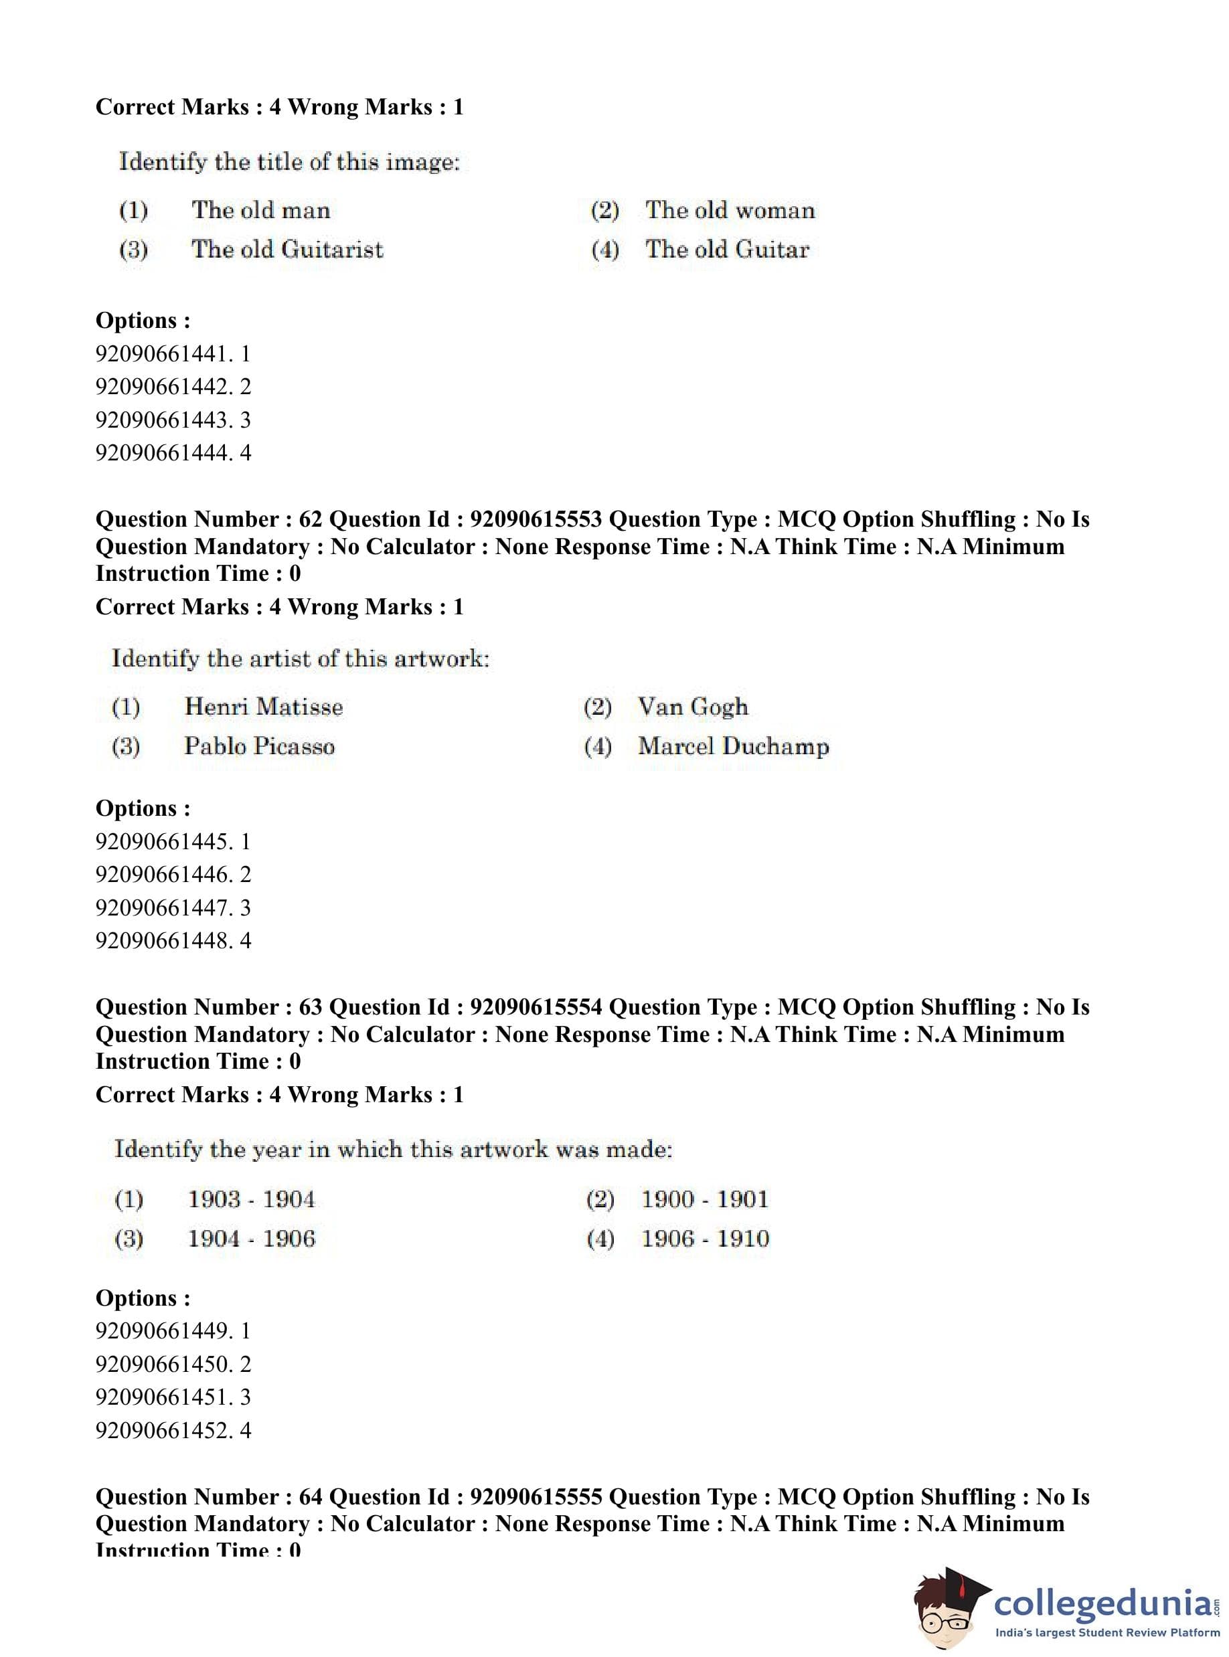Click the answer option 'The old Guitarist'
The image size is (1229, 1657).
click(287, 249)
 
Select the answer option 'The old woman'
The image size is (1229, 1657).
click(730, 211)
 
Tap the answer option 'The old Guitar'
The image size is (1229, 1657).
click(727, 249)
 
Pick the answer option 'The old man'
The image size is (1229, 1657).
click(260, 211)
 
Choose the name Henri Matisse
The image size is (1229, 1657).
click(263, 707)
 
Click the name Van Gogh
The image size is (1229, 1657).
click(693, 707)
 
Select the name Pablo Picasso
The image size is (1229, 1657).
click(259, 746)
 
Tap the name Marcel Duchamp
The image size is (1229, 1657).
click(733, 746)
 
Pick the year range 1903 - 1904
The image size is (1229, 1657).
click(251, 1199)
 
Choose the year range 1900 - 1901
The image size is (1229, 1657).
click(704, 1199)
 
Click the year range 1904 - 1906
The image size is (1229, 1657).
click(251, 1238)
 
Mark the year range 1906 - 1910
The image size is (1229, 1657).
click(704, 1238)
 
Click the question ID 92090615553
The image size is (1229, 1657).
click(536, 519)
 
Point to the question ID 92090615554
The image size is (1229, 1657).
click(536, 1007)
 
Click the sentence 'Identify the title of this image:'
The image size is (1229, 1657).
click(289, 162)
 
